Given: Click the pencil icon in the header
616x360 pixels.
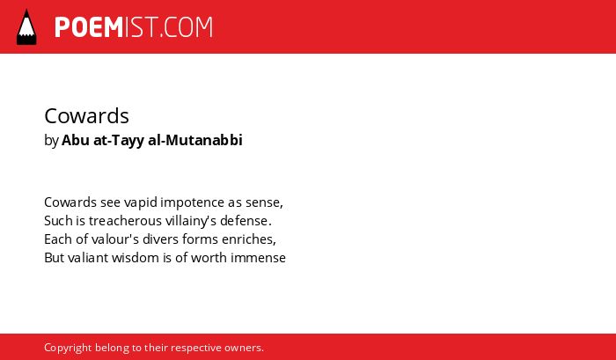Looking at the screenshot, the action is click(26, 27).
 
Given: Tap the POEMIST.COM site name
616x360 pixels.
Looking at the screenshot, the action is click(134, 27).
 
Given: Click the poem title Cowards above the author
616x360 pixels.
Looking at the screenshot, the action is click(87, 116).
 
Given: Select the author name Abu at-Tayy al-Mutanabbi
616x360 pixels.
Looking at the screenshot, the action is click(152, 140).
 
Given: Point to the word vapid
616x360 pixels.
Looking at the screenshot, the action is click(141, 202).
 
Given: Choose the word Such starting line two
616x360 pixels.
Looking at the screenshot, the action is click(59, 221).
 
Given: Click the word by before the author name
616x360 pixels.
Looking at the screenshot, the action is click(51, 141).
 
